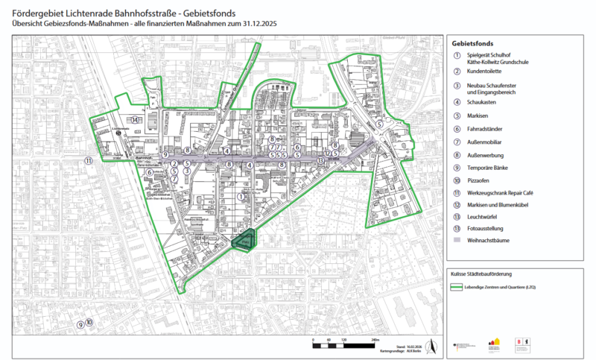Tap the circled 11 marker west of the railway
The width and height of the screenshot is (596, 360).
click(88, 160)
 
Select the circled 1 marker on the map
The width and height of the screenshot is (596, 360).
click(240, 196)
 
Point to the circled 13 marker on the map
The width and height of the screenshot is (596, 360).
click(320, 160)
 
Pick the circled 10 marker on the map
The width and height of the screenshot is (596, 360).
click(89, 322)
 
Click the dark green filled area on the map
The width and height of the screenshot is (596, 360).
click(243, 240)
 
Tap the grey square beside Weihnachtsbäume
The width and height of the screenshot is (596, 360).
click(455, 241)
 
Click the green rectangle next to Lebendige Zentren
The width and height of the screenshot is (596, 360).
click(455, 287)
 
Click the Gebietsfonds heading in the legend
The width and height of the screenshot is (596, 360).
click(472, 44)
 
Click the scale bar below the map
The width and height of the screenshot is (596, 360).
click(342, 344)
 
